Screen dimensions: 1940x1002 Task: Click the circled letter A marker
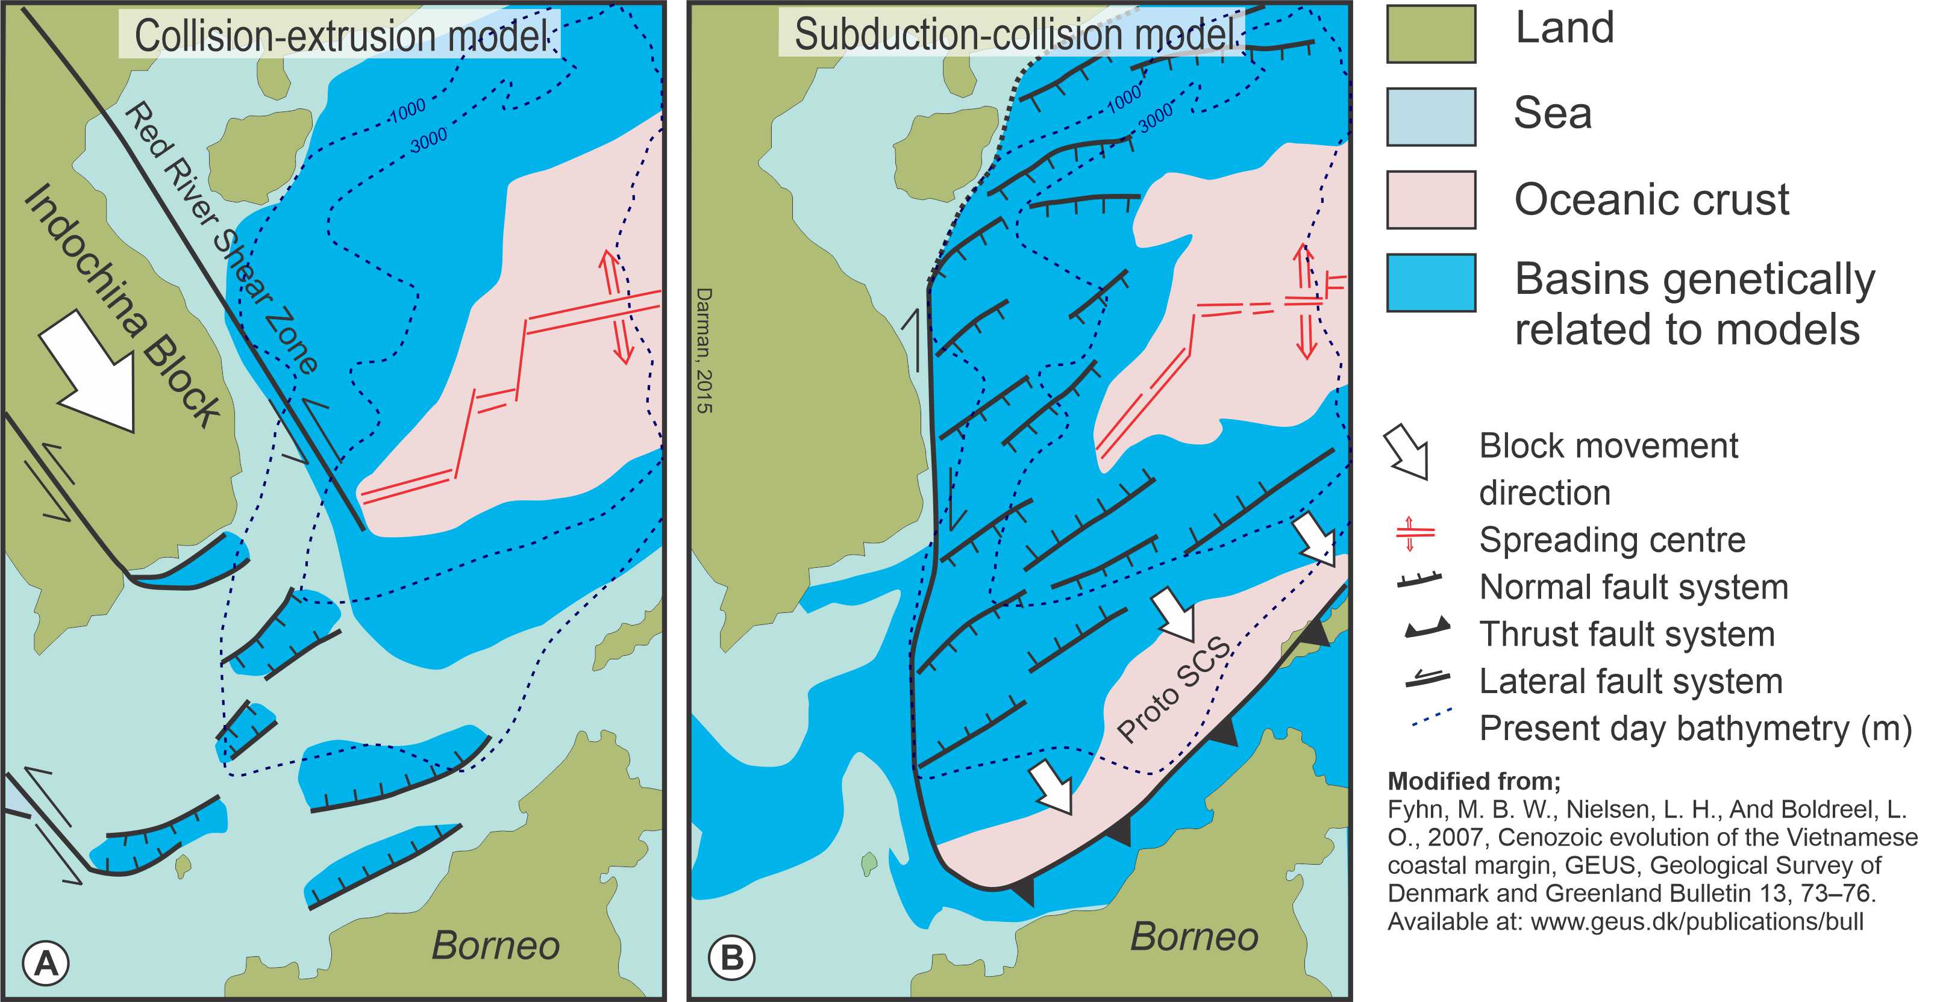coord(46,963)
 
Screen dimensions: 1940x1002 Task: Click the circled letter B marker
coord(732,958)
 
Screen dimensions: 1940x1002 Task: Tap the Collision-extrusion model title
coord(340,35)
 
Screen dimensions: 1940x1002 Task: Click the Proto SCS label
coord(1175,689)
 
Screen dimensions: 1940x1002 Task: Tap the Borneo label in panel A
coord(495,945)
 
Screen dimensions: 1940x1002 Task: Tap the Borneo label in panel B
coord(1194,936)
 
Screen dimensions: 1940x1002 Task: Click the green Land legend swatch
coord(1431,34)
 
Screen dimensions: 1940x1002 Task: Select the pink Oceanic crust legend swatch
coord(1431,199)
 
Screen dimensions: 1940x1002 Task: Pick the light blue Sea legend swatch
coord(1431,117)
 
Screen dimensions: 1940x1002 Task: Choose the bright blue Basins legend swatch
coord(1431,282)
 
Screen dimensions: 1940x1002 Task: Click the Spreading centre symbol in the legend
coord(1415,534)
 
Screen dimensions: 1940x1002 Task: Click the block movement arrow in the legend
coord(1407,451)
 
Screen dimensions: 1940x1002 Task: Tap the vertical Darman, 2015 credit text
coord(704,350)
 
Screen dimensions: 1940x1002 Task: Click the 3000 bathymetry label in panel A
coord(428,139)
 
